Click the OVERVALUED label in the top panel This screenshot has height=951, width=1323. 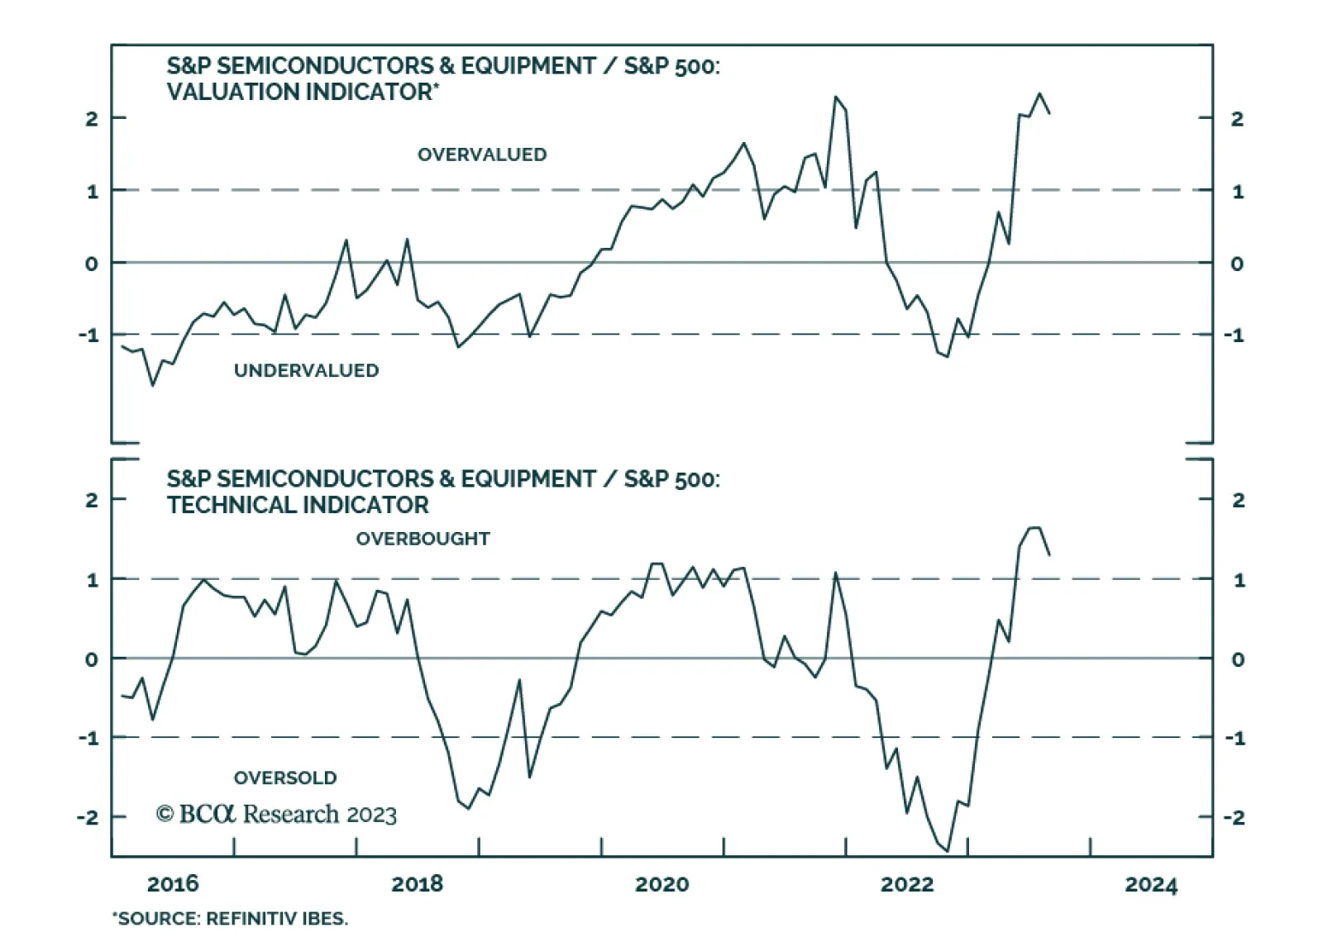481,155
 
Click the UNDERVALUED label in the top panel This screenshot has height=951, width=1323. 306,370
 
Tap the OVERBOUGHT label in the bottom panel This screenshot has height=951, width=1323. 423,539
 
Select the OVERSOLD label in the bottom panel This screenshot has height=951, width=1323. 285,777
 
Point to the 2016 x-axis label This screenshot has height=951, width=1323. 173,884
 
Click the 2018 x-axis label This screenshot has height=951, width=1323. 417,884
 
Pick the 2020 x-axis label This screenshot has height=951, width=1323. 661,884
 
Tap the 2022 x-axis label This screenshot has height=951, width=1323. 906,884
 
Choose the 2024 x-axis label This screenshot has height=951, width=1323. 1151,884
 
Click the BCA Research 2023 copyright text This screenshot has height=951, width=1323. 276,814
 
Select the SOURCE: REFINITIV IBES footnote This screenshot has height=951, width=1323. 231,919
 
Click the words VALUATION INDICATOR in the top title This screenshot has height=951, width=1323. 299,92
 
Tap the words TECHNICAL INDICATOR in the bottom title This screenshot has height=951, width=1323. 298,505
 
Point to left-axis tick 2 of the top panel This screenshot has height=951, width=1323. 91,118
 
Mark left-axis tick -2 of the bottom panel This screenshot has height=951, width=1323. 88,817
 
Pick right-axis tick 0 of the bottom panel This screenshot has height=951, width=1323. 1238,659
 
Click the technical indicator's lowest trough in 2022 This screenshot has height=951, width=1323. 948,850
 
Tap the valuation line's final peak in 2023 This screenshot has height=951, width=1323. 1039,93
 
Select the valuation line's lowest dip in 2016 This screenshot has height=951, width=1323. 152,385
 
